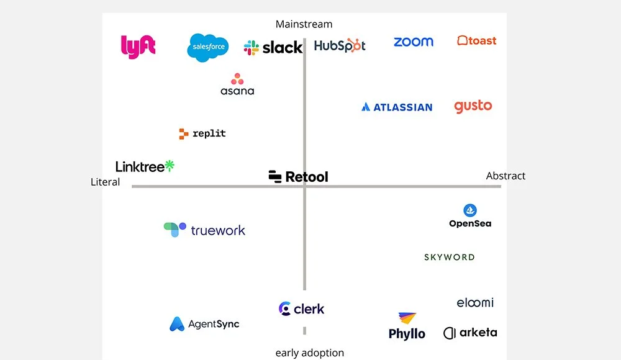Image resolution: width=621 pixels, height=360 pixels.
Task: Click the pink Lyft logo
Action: [x=138, y=47]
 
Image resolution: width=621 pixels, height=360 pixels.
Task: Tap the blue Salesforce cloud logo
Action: [x=208, y=47]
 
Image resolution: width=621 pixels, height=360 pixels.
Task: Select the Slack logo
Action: [x=273, y=47]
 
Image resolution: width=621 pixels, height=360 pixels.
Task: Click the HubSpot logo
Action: [x=340, y=45]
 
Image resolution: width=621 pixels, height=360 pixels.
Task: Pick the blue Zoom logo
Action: [x=414, y=42]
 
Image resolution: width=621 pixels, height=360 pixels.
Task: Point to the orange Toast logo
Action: [x=477, y=41]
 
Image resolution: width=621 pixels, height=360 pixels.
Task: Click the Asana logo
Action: [x=237, y=84]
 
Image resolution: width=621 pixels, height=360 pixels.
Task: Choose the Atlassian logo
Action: [x=397, y=107]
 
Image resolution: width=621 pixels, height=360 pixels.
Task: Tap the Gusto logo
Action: [x=473, y=106]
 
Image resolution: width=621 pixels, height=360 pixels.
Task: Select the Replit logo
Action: [x=202, y=133]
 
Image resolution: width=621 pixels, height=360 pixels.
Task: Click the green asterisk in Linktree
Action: [x=170, y=166]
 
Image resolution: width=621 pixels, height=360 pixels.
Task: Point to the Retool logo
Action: [x=299, y=177]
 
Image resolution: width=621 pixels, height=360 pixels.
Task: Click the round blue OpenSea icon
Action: [x=470, y=210]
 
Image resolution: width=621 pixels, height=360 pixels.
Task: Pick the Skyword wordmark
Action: [x=450, y=257]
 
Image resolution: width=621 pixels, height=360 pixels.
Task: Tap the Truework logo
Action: [x=204, y=230]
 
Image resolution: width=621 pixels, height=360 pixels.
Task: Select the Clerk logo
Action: [x=302, y=308]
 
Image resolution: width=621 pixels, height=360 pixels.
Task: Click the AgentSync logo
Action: [x=204, y=324]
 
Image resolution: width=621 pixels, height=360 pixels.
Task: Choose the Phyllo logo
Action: [x=407, y=326]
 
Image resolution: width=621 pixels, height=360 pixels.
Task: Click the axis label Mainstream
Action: [x=304, y=24]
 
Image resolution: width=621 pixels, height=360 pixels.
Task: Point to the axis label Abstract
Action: [x=505, y=176]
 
